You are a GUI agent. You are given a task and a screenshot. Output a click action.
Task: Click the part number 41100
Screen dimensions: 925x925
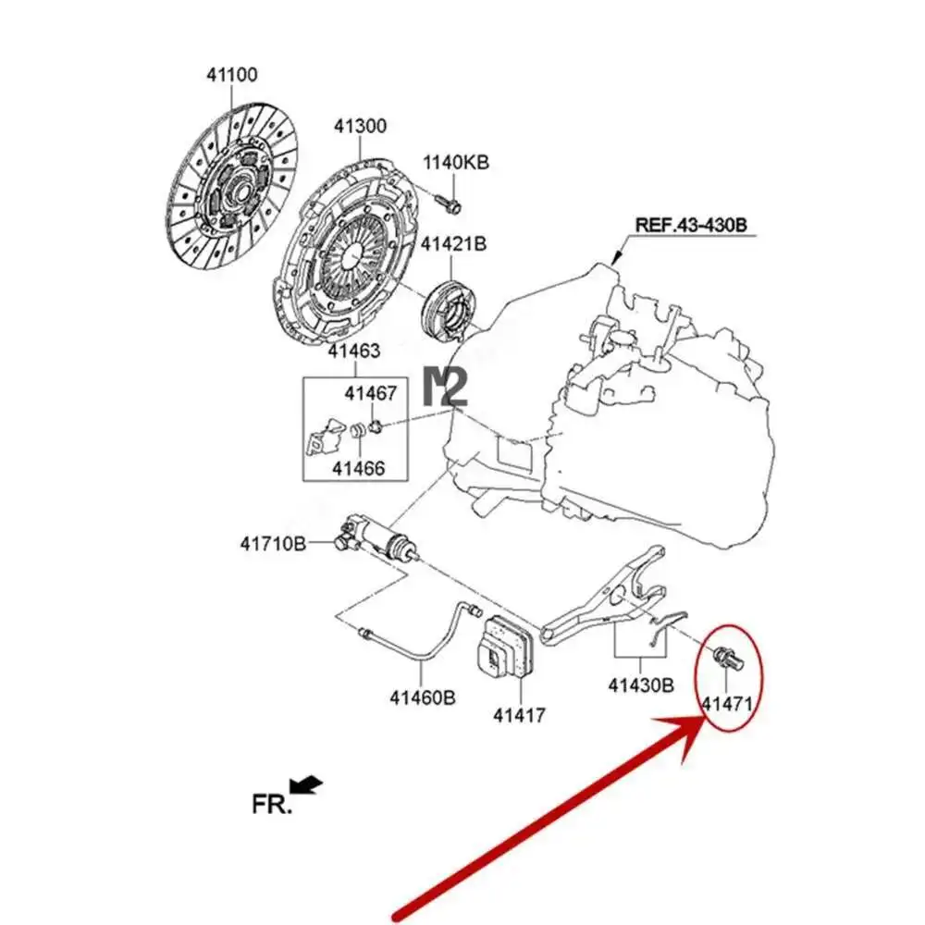coord(231,75)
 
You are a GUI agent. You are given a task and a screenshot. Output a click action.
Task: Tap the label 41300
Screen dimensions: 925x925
coord(361,126)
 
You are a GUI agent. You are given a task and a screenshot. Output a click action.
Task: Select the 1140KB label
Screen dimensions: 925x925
coord(456,164)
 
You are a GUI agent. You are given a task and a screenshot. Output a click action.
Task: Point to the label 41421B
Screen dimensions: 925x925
coord(453,245)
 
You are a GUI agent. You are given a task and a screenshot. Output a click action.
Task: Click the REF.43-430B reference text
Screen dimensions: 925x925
coord(689,225)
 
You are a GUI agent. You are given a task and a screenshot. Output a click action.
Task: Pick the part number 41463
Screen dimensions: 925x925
coord(353,351)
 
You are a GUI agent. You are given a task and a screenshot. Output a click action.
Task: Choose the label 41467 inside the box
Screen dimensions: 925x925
coord(371,393)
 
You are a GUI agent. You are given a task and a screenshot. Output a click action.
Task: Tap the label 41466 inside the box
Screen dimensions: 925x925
coord(359,468)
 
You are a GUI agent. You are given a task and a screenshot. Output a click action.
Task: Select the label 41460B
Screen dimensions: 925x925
coord(422,697)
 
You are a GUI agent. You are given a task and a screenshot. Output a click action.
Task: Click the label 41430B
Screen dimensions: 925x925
coord(641,685)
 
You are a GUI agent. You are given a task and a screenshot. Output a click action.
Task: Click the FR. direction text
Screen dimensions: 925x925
coord(272,803)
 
